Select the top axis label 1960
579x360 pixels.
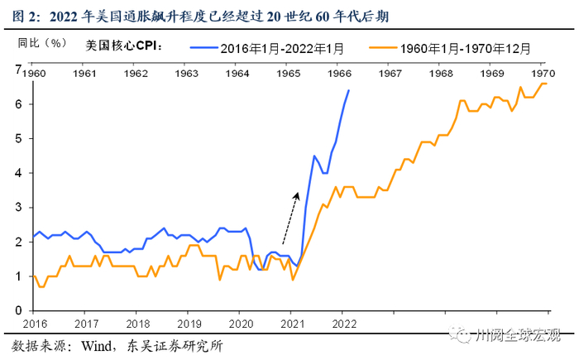click(33, 74)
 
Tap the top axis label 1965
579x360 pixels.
click(289, 74)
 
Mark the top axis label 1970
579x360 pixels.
click(543, 74)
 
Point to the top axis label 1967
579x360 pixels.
click(390, 74)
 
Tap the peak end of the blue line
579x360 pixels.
click(348, 90)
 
